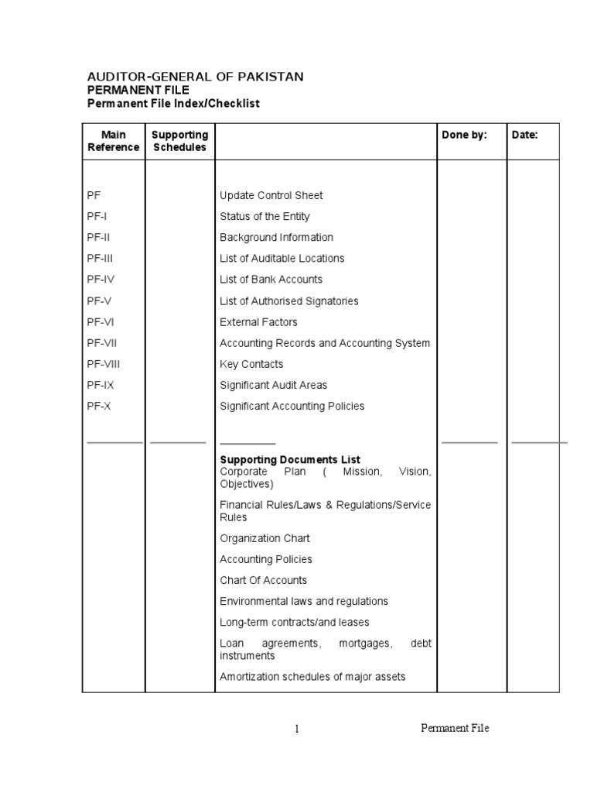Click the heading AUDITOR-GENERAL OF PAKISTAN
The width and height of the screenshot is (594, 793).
coord(194,77)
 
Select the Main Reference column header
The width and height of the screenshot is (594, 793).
coord(114,141)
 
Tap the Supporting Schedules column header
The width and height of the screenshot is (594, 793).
coord(179,141)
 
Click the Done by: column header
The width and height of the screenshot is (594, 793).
coord(464,135)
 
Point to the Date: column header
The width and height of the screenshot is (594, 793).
coord(524,135)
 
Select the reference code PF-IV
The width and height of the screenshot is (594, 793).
coord(101,280)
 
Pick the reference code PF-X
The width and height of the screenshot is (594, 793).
coord(99,406)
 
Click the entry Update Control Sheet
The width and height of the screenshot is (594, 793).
coord(271,195)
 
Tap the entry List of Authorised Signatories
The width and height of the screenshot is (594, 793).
coord(289,301)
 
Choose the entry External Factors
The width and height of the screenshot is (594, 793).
coord(258,322)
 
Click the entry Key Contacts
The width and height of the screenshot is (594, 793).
coord(251,364)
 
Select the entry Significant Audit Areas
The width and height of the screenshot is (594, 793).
coord(273,385)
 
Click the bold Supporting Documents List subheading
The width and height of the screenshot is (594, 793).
coord(290,460)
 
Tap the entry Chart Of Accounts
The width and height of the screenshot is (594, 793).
coord(263,580)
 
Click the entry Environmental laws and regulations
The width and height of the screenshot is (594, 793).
coord(304,601)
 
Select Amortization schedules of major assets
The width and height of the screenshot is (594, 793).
coord(312,677)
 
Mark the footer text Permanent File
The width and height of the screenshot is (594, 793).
coord(455,728)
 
